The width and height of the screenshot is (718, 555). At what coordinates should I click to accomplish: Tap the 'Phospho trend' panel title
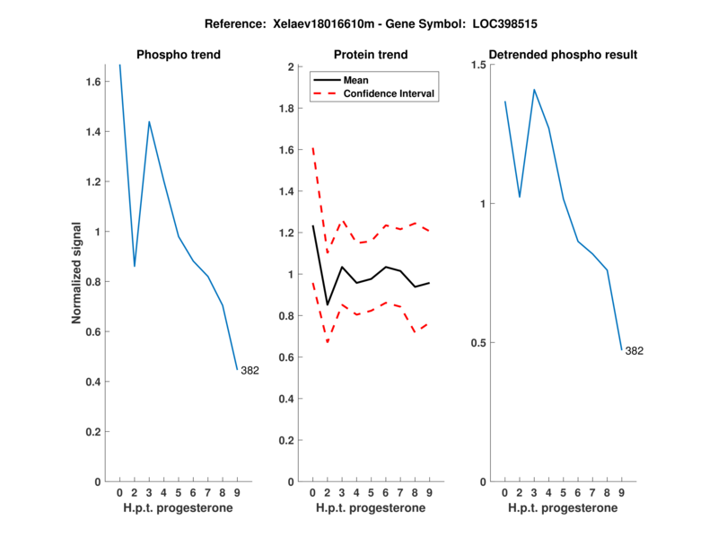pos(178,55)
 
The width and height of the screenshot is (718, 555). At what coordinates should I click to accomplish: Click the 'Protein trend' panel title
pos(370,55)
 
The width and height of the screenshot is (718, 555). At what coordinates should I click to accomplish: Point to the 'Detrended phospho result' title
pos(562,55)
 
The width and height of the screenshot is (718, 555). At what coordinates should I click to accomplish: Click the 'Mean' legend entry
pos(355,80)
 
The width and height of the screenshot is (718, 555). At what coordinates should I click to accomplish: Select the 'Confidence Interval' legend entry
pos(390,93)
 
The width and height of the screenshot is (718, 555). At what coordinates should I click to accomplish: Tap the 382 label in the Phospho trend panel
pos(250,370)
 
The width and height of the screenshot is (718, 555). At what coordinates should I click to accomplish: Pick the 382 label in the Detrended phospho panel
pos(634,350)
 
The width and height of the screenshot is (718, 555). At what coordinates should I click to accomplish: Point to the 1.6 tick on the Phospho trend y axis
pos(92,82)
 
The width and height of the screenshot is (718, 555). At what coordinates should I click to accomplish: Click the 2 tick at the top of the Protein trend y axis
pos(291,66)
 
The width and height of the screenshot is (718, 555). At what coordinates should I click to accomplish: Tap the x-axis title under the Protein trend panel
pos(370,508)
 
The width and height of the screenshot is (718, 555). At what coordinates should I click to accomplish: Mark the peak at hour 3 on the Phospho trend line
pos(149,121)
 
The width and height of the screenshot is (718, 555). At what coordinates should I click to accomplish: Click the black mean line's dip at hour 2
pos(327,305)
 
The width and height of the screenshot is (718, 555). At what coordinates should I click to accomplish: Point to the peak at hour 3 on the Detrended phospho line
pos(534,90)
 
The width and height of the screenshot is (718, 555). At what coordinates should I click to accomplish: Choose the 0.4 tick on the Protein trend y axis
pos(285,399)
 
